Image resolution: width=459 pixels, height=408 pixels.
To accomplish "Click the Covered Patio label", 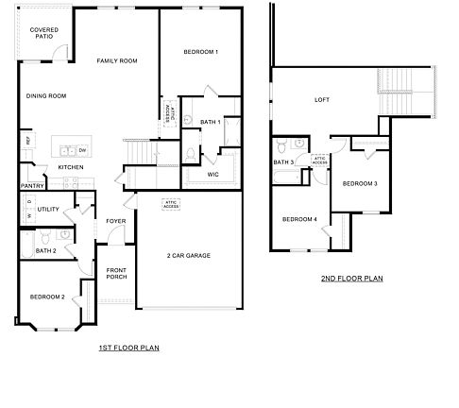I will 43,34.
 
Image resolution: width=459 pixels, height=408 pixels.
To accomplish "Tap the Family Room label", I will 117,60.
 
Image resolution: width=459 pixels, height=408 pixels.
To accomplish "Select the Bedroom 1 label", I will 202,51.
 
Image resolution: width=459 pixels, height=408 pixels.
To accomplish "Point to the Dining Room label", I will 45,95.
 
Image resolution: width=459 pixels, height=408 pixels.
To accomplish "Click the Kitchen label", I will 71,168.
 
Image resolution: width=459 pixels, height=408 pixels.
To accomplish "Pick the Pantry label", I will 32,186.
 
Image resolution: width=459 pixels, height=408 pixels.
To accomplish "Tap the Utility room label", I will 48,209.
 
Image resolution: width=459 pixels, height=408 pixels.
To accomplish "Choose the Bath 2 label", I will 46,250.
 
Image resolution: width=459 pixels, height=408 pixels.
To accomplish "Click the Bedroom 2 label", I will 46,297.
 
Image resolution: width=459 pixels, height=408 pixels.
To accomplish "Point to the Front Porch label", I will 117,273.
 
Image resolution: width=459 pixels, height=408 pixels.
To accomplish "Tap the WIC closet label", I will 213,174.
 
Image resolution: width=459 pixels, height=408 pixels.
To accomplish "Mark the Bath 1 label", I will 210,122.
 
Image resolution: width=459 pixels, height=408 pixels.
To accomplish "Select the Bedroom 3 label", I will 360,183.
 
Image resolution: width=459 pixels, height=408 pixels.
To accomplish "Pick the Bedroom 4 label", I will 299,219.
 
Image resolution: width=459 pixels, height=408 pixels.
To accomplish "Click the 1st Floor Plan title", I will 128,348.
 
